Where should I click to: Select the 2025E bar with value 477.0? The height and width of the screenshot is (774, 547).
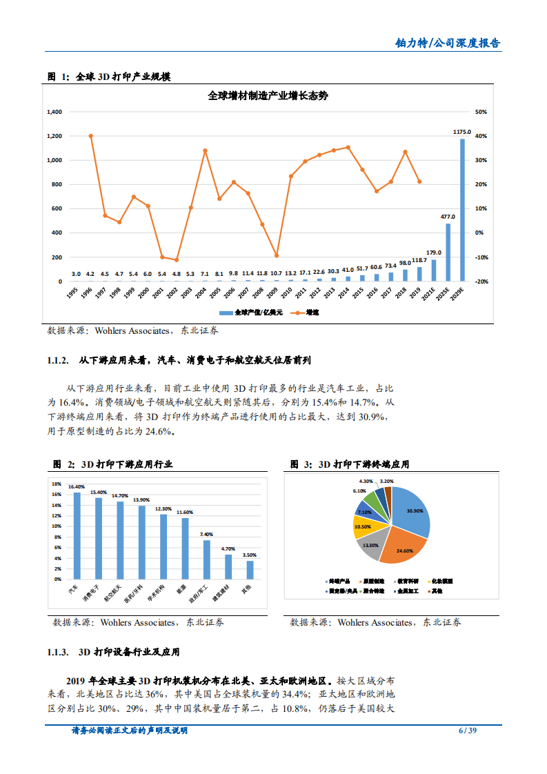tap(448, 252)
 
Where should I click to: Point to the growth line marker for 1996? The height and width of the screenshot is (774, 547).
tap(91, 136)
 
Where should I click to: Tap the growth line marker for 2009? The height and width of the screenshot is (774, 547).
tap(277, 256)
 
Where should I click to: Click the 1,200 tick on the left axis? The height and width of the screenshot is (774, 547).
tap(54, 136)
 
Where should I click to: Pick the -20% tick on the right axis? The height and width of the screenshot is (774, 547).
tap(481, 281)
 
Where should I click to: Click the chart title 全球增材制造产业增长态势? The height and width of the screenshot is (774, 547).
tap(268, 96)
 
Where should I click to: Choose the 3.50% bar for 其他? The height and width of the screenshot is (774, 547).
tap(250, 570)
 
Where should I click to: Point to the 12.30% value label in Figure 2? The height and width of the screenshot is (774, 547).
tap(163, 508)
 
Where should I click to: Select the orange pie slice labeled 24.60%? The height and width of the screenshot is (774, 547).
tap(400, 547)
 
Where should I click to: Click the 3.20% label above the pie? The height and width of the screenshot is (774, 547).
tap(386, 481)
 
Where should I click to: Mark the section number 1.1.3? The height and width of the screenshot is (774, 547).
tap(58, 652)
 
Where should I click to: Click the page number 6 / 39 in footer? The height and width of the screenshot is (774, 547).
tap(467, 731)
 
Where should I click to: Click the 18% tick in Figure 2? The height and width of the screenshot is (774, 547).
tap(57, 484)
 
